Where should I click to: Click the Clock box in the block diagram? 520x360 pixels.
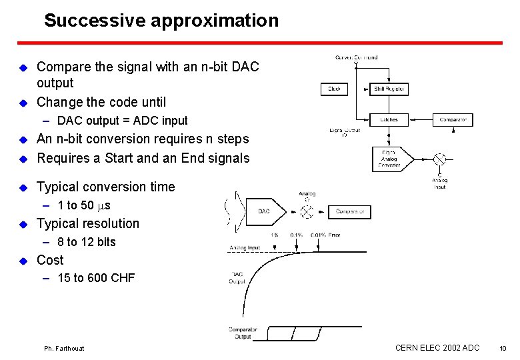(x=335, y=89)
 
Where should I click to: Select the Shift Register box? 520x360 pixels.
(x=389, y=89)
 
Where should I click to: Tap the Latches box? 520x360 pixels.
(x=389, y=120)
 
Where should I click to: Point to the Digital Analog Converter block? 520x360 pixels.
(x=389, y=159)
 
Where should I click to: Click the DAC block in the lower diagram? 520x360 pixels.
(x=264, y=211)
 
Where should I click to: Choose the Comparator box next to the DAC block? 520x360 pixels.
(x=349, y=211)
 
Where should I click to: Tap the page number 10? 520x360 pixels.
(x=503, y=348)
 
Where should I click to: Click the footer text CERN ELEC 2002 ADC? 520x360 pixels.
(x=437, y=347)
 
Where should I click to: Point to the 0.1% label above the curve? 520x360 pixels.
(x=297, y=235)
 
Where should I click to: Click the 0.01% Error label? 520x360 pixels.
(x=325, y=235)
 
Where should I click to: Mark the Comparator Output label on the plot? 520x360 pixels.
(x=243, y=333)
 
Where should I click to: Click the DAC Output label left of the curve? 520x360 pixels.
(x=238, y=278)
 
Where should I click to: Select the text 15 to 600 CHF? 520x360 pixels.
(x=96, y=278)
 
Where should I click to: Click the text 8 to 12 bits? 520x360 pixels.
(x=87, y=242)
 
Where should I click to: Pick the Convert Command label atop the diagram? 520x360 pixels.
(x=356, y=58)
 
